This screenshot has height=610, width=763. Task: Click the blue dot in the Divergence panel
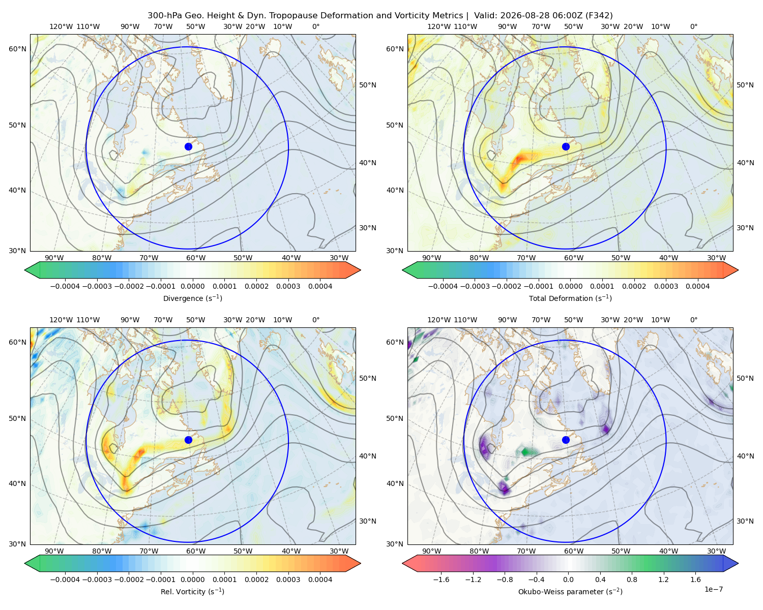click(188, 147)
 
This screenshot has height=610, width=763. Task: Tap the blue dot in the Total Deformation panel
click(566, 147)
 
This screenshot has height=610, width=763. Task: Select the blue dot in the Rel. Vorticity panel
click(188, 440)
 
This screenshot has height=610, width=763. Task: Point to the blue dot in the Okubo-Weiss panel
click(566, 440)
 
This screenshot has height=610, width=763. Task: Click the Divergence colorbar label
click(192, 298)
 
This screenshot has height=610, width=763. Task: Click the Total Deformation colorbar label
click(570, 298)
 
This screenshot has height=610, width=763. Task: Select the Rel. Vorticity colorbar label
click(192, 592)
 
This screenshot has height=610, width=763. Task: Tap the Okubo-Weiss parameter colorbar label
click(570, 592)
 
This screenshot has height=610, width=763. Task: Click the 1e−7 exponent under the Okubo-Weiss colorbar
click(713, 590)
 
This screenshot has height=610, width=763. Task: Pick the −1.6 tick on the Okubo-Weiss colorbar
click(441, 579)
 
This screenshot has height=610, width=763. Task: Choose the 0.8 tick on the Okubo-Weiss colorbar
click(632, 579)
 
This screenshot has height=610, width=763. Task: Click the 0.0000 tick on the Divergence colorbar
click(192, 286)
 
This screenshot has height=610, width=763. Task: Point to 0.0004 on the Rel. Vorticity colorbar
click(320, 579)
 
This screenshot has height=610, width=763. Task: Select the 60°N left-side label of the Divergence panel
click(17, 49)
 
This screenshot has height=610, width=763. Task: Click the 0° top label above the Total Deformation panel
click(694, 26)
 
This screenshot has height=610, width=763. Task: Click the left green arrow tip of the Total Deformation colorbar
click(403, 270)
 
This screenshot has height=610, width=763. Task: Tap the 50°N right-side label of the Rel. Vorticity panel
click(368, 378)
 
